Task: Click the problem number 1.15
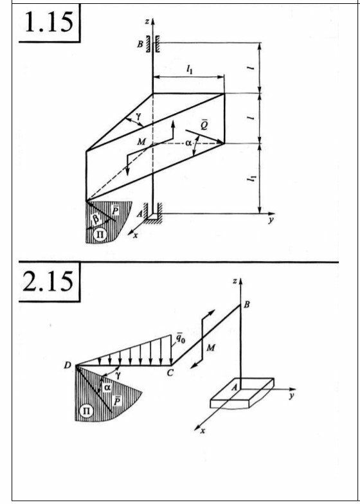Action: click(x=49, y=22)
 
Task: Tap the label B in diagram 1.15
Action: click(x=140, y=44)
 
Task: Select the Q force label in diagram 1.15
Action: click(x=203, y=125)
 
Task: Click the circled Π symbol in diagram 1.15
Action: click(x=100, y=234)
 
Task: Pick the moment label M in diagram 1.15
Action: click(x=141, y=141)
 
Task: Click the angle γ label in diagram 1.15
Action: click(x=139, y=116)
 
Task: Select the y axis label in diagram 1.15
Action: click(x=271, y=221)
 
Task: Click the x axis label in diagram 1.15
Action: click(x=136, y=235)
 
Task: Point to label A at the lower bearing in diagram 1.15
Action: click(x=139, y=213)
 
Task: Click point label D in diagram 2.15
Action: click(x=67, y=365)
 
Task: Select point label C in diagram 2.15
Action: click(x=170, y=373)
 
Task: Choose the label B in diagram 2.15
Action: click(x=247, y=305)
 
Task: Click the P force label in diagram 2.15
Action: click(x=118, y=400)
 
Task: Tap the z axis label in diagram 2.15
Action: click(x=235, y=282)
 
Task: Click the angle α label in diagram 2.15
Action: click(x=107, y=388)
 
